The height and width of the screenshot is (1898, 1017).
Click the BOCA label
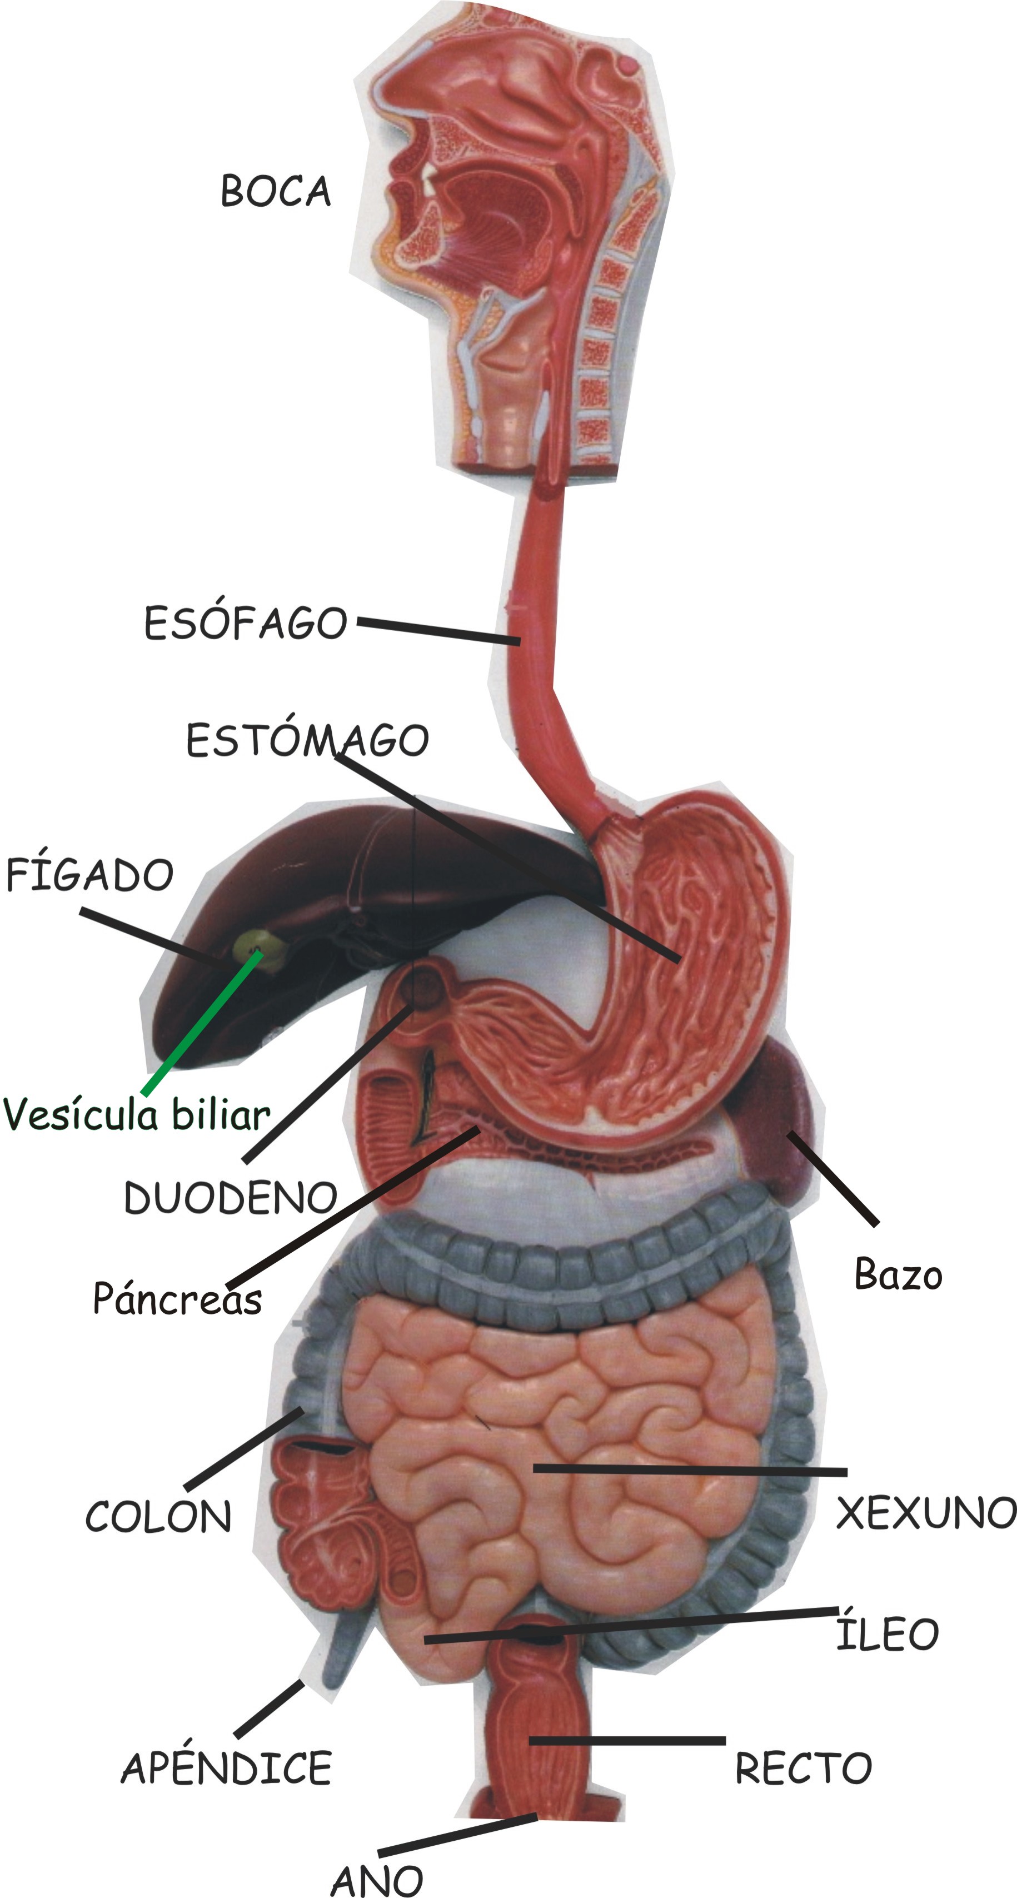[276, 192]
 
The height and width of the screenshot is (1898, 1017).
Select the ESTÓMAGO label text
[307, 740]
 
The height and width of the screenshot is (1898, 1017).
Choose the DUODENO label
[230, 1197]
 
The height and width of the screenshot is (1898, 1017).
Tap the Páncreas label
[177, 1298]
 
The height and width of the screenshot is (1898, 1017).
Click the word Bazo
[898, 1274]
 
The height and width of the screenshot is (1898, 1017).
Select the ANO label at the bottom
[377, 1881]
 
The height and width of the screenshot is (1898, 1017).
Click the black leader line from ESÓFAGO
[438, 632]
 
